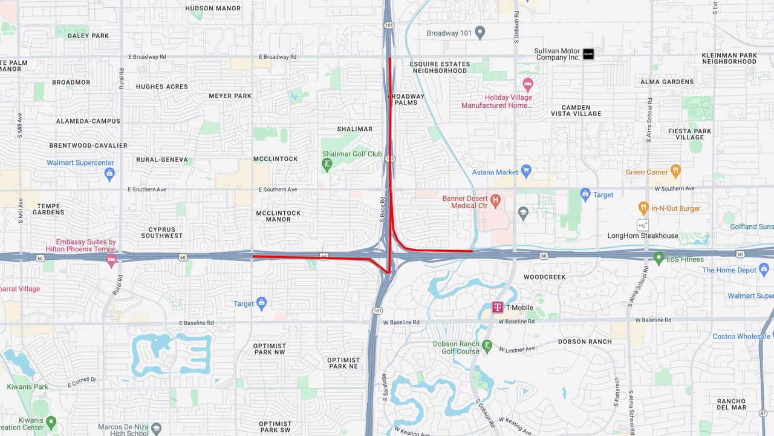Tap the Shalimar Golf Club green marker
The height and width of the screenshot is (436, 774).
[x=327, y=164]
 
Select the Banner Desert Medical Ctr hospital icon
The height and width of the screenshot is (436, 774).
[x=496, y=199]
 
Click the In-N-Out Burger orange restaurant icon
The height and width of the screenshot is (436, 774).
[x=643, y=208]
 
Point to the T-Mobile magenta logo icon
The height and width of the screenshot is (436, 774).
[x=498, y=308]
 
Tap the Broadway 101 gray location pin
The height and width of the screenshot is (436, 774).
[x=480, y=33]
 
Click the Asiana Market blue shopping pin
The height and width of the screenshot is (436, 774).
[x=526, y=171]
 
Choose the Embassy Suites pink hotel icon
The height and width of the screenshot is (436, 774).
[x=111, y=260]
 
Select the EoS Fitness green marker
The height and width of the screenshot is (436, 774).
[x=659, y=259]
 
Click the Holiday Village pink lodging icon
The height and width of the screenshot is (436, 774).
[x=527, y=84]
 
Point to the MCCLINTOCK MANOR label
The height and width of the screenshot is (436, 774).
[x=278, y=216]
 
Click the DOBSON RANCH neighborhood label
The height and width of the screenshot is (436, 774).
[x=585, y=342]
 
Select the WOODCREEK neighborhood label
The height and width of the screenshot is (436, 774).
[x=545, y=277]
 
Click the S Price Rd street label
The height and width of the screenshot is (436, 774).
[x=383, y=209]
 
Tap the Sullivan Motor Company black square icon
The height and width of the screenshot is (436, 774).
[x=588, y=54]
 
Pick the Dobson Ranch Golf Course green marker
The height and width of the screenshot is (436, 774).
[x=487, y=347]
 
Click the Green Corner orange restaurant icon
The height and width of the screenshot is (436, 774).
[x=675, y=172]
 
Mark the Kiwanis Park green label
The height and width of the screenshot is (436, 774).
[x=28, y=387]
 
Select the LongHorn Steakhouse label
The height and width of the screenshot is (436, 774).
[x=643, y=236]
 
